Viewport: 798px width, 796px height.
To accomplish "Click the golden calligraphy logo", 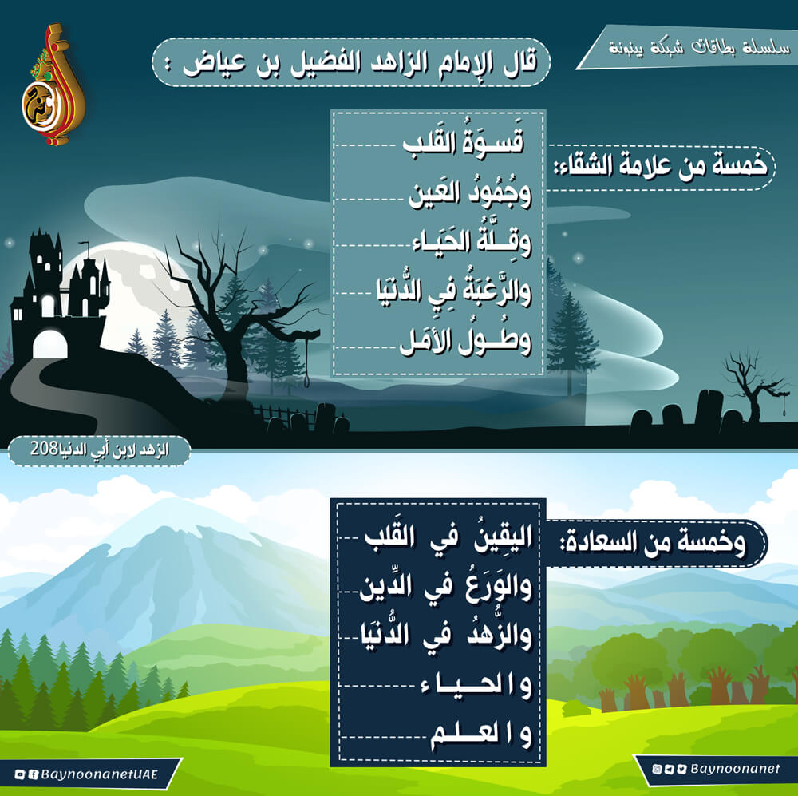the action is point(53,84).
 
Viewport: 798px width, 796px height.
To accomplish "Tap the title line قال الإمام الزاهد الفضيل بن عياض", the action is point(359,63).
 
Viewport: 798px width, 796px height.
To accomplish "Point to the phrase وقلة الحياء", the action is point(472,241).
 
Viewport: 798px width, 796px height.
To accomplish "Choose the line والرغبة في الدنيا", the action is point(453,291).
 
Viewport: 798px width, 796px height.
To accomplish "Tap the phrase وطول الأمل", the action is point(465,340).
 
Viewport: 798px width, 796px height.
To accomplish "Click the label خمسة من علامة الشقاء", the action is point(661,165).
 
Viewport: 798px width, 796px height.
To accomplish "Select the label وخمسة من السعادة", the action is point(653,542).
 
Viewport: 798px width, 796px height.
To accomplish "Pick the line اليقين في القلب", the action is point(448,538).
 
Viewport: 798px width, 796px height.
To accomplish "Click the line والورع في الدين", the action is point(446,587).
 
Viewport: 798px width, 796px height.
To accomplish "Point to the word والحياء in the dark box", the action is point(476,686).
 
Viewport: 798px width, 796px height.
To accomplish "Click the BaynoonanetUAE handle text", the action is point(99,774).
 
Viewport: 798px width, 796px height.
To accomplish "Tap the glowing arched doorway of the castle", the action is point(49,345).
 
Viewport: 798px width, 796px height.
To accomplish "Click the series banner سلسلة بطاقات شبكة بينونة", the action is point(700,48).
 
